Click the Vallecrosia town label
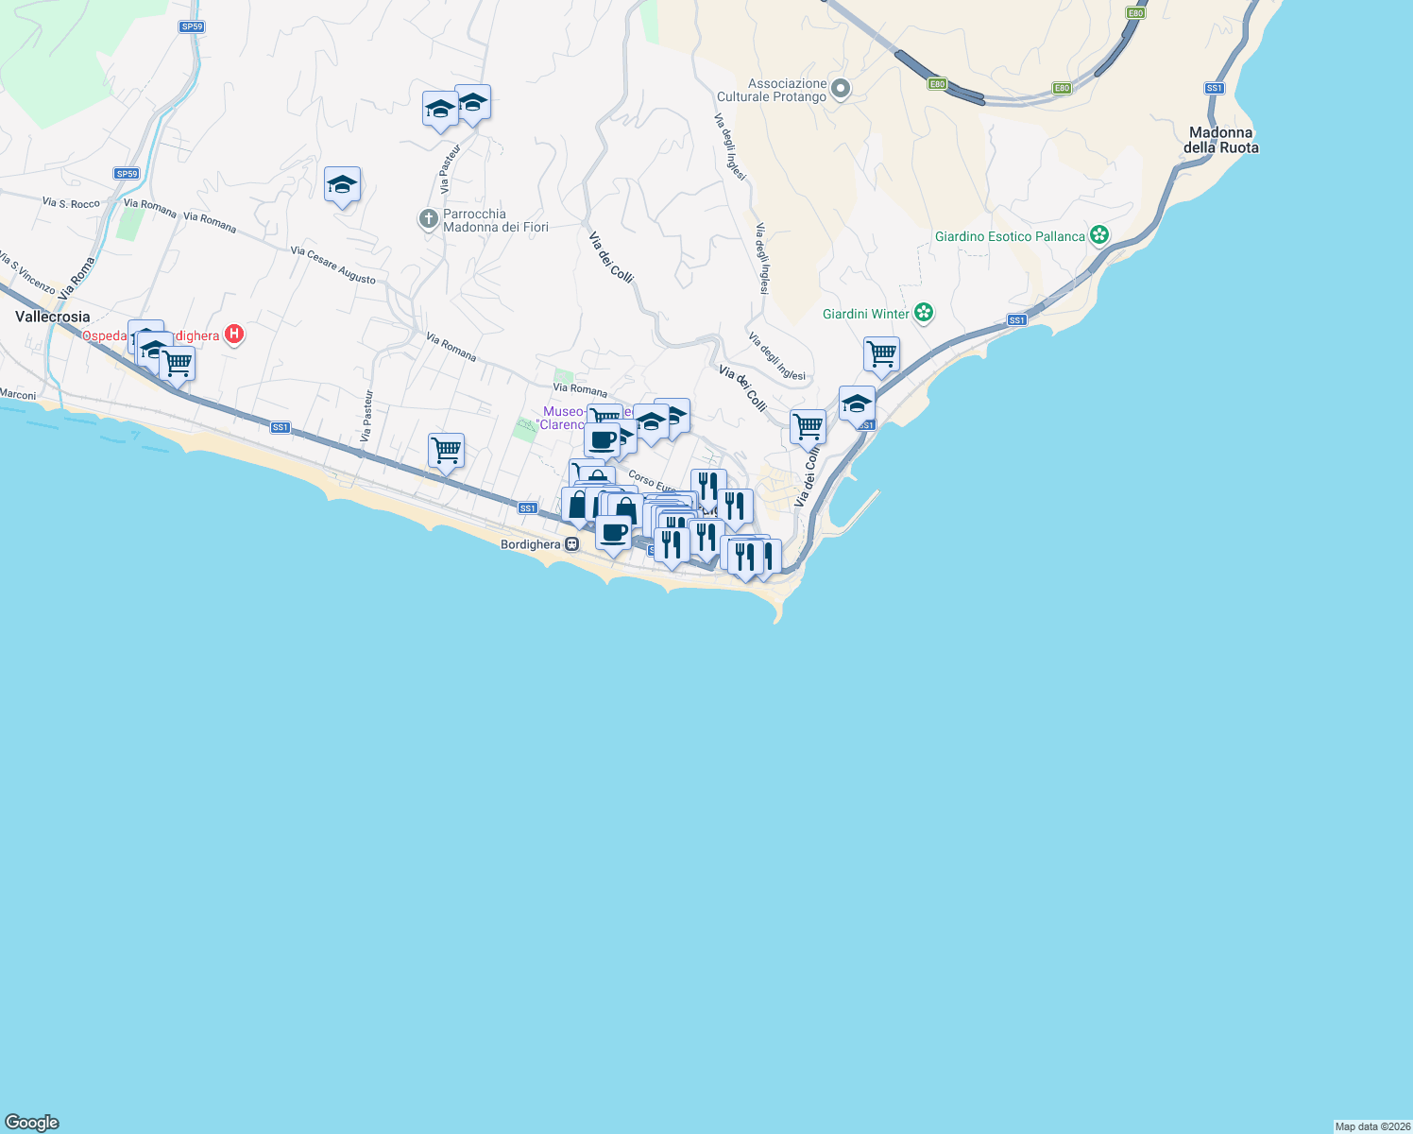coord(53,317)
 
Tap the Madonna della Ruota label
coord(1220,140)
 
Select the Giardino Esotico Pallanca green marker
coord(1098,235)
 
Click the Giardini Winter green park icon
coord(924,313)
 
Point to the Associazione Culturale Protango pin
coord(840,90)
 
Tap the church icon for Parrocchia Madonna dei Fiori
coord(429,220)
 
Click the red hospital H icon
coord(234,335)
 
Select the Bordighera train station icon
coord(572,544)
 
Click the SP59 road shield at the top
coord(192,26)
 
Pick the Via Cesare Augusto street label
coord(333,265)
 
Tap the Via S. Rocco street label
coord(71,203)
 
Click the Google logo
coord(32,1122)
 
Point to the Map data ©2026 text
coord(1372,1126)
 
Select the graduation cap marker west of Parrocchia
coord(342,185)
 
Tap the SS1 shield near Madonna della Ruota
coord(1214,88)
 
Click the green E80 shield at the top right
coord(1135,13)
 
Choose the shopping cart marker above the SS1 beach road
coord(446,451)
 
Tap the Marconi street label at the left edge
coord(18,395)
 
